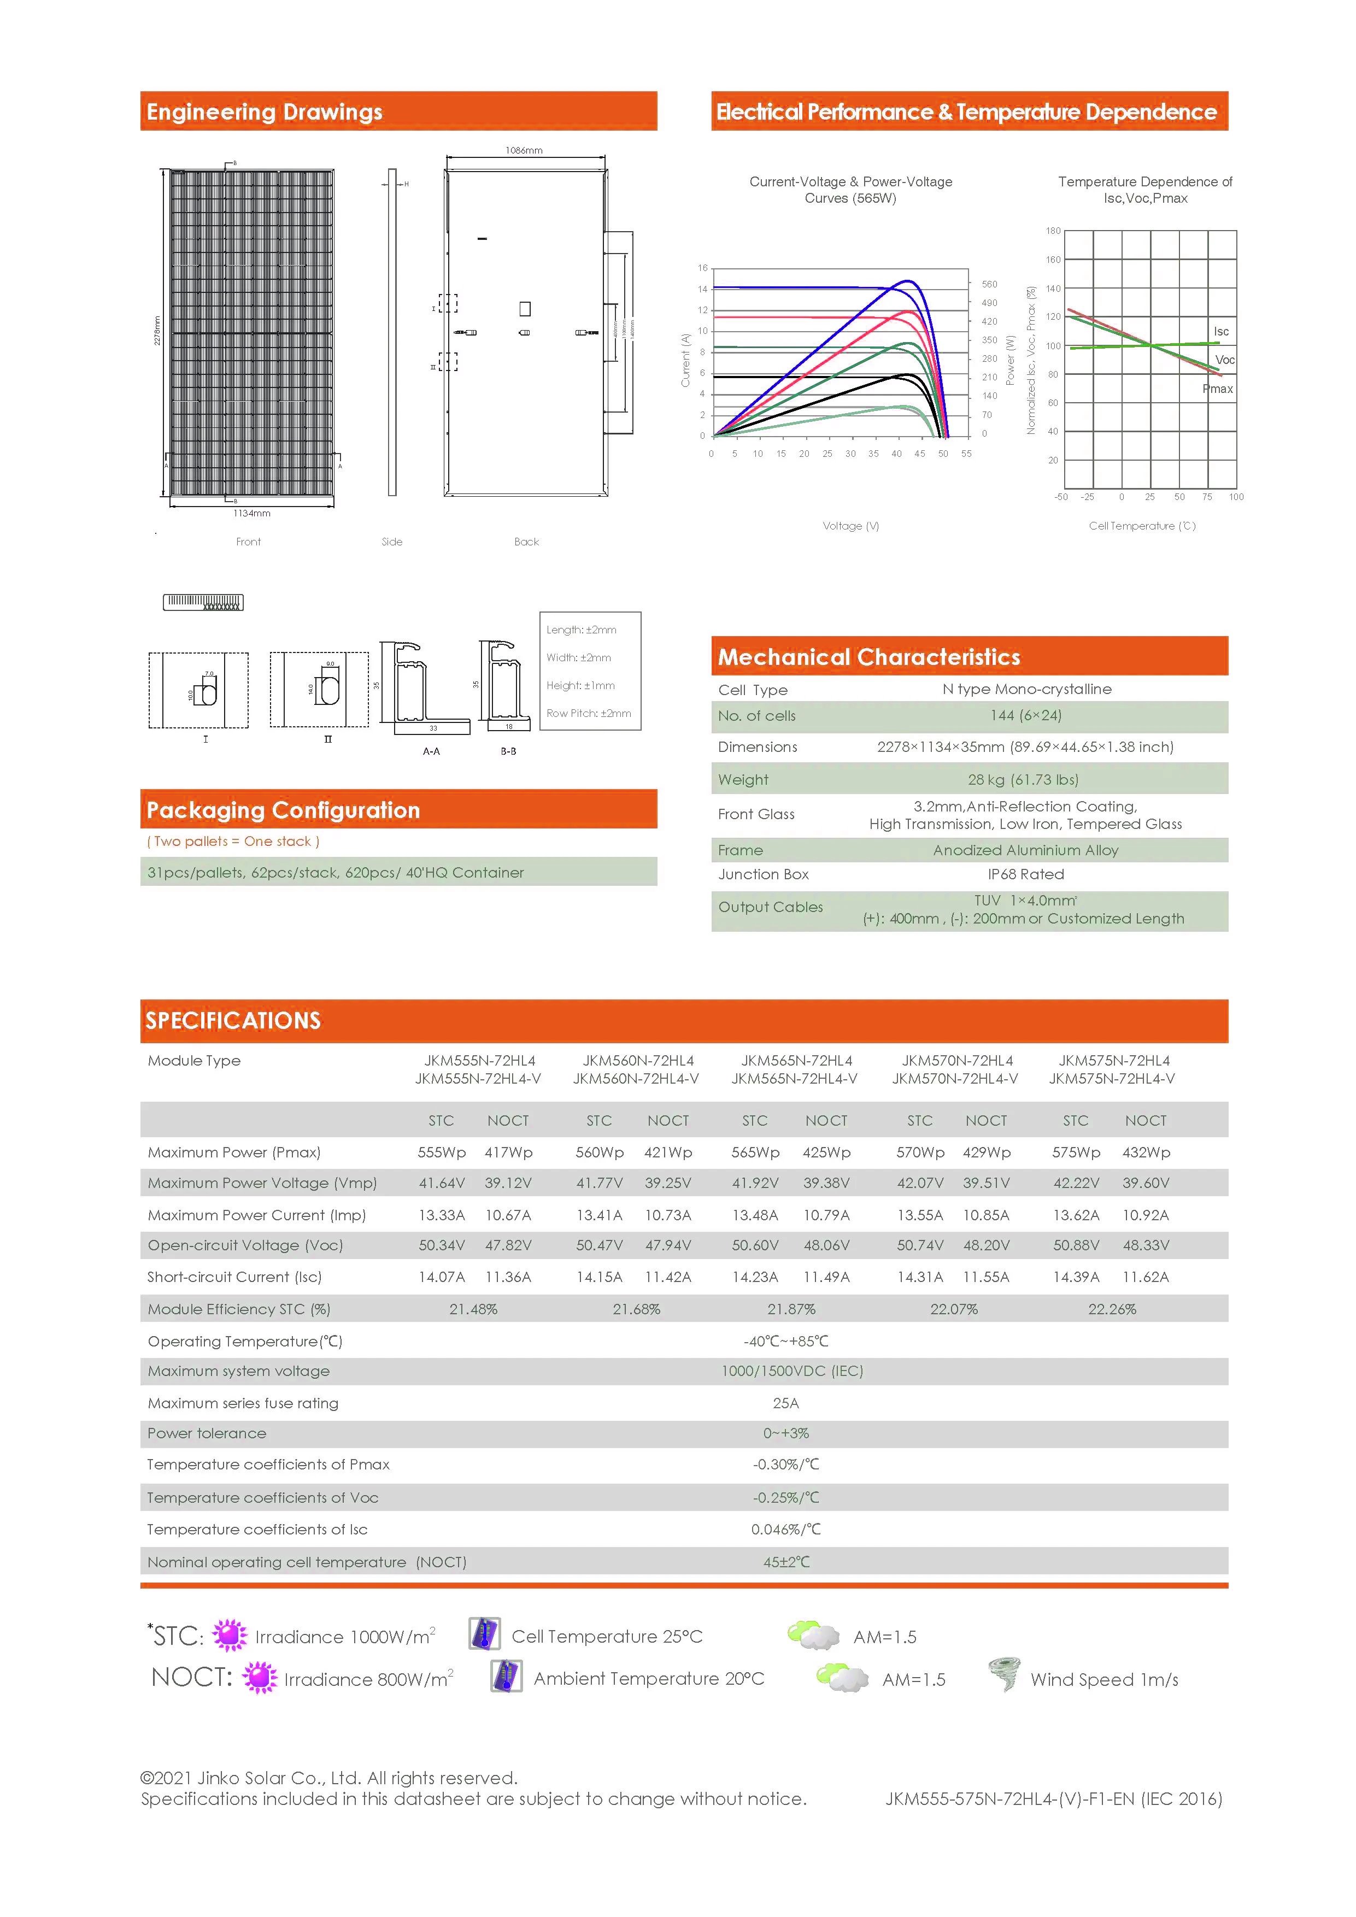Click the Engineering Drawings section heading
pyautogui.click(x=264, y=112)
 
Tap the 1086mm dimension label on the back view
pyautogui.click(x=524, y=150)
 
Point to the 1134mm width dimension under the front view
pyautogui.click(x=251, y=514)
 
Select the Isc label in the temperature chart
pyautogui.click(x=1221, y=332)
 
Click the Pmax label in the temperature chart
pyautogui.click(x=1217, y=389)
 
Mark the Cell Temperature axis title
pyautogui.click(x=1141, y=526)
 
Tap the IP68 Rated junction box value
pyautogui.click(x=1025, y=874)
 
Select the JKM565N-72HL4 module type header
pyautogui.click(x=796, y=1060)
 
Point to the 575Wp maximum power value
pyautogui.click(x=1076, y=1152)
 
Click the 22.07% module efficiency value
pyautogui.click(x=954, y=1309)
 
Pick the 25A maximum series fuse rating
pyautogui.click(x=786, y=1403)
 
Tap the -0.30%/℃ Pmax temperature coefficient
pyautogui.click(x=786, y=1465)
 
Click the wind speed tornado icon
pyautogui.click(x=1003, y=1674)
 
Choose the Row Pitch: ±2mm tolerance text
pyautogui.click(x=589, y=714)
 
